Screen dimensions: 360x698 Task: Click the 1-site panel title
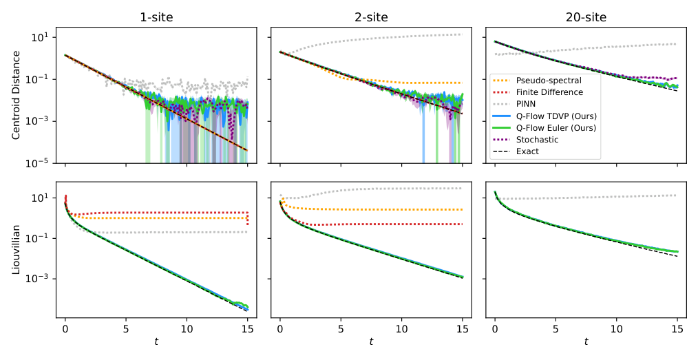[156, 17]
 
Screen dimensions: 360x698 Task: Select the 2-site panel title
[371, 17]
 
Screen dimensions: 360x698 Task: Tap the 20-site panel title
[586, 17]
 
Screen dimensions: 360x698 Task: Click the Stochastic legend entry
[540, 139]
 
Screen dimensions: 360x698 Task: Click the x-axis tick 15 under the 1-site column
[247, 329]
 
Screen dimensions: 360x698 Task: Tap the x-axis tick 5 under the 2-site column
[341, 329]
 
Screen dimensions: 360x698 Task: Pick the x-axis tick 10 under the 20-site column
[616, 329]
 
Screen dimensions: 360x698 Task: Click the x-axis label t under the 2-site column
[371, 342]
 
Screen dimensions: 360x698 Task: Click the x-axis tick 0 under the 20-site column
[495, 329]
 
